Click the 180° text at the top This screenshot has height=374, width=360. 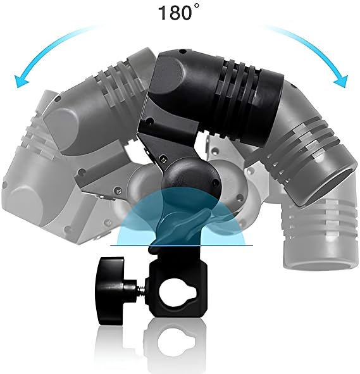pyautogui.click(x=178, y=12)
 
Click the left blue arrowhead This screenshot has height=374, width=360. pyautogui.click(x=21, y=82)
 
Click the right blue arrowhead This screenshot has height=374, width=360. pyautogui.click(x=341, y=82)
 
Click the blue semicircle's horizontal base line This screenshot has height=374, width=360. pyautogui.click(x=182, y=246)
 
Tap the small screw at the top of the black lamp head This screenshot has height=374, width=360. pyautogui.click(x=182, y=51)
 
